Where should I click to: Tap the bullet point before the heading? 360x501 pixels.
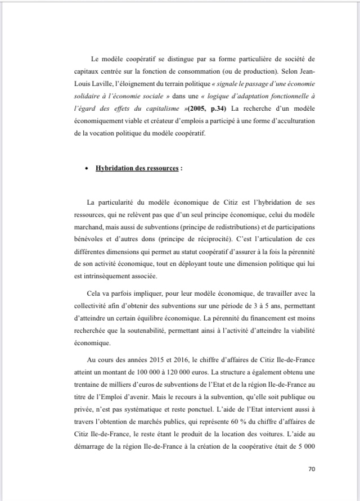[x=85, y=168]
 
